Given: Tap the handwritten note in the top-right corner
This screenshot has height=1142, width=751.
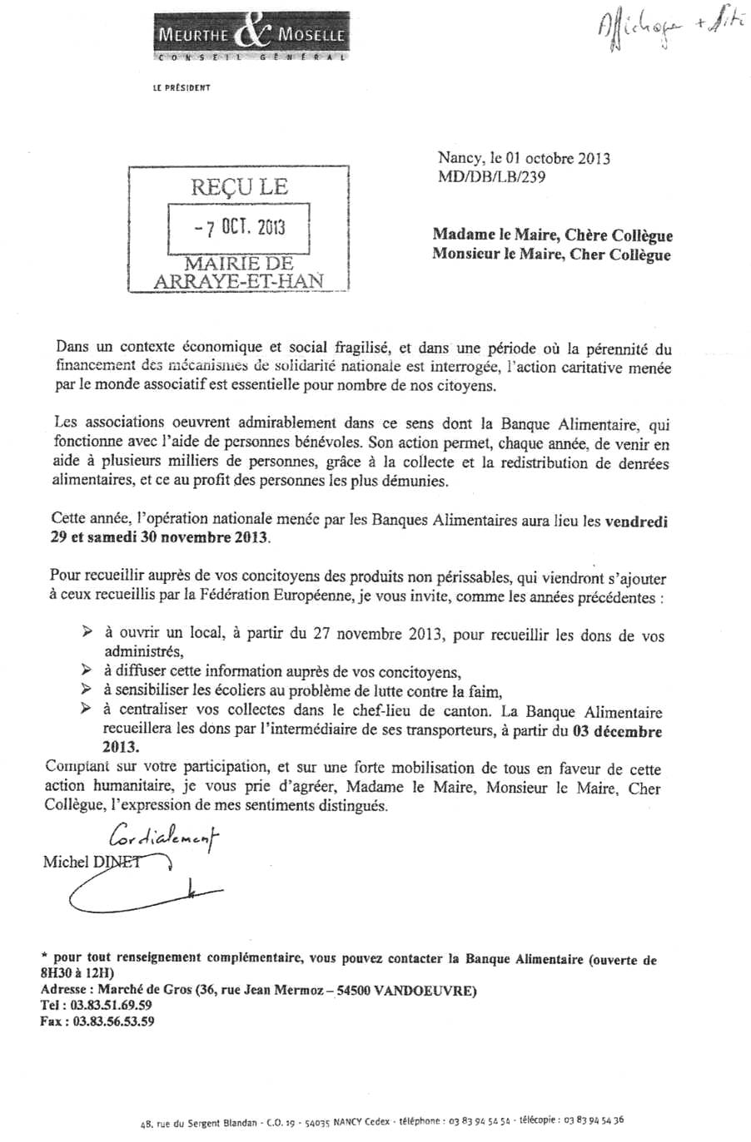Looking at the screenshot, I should click(x=659, y=33).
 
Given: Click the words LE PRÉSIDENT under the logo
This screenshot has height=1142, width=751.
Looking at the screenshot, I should click(x=182, y=87).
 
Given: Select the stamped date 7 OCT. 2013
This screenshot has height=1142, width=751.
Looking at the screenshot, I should click(x=239, y=227).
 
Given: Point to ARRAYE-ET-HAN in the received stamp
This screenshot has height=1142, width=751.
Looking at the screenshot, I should click(x=239, y=281).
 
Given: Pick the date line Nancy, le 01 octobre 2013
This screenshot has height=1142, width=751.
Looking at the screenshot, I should click(x=524, y=158).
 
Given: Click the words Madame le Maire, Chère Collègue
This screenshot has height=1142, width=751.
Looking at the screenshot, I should click(x=552, y=235).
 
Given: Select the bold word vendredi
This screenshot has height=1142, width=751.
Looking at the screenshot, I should click(x=636, y=522).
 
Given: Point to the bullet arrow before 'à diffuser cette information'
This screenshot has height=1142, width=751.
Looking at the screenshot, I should click(x=87, y=670).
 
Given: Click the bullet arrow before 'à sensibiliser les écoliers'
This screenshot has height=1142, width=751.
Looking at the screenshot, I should click(x=87, y=690).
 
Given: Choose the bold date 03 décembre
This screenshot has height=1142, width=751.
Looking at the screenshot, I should click(x=618, y=732).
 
